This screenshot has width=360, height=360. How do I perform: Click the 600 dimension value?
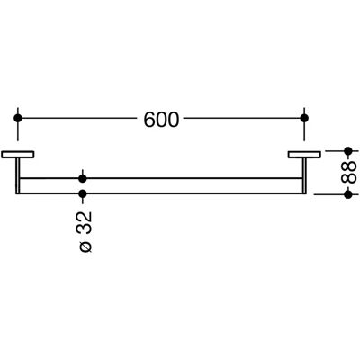tap(161, 120)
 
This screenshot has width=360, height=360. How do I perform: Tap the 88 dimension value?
tap(349, 172)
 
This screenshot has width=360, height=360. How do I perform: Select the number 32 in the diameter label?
tap(85, 223)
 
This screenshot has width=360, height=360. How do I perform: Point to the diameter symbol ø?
tap(85, 247)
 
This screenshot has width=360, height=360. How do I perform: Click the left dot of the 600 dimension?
tap(18, 118)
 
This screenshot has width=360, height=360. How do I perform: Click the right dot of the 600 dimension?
tap(304, 118)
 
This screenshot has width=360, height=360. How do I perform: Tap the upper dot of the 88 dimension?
tap(348, 151)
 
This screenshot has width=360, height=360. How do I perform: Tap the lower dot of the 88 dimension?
tap(348, 194)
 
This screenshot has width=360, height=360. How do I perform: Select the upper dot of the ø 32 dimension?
tap(83, 179)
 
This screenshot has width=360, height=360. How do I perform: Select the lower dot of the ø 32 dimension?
tap(83, 193)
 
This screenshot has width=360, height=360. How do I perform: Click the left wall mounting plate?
tap(18, 155)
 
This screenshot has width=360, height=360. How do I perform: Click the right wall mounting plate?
tap(304, 155)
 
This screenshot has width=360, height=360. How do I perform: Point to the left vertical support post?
tap(18, 175)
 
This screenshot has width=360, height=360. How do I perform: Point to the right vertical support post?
tap(304, 175)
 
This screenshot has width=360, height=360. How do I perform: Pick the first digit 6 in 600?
tap(149, 120)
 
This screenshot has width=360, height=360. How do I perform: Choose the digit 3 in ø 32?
tap(85, 229)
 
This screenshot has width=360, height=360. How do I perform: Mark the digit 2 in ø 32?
tap(85, 217)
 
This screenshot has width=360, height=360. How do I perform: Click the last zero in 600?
tap(174, 120)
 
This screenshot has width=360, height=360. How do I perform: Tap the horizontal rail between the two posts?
tap(161, 186)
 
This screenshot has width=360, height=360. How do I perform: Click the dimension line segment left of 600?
tap(79, 118)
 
